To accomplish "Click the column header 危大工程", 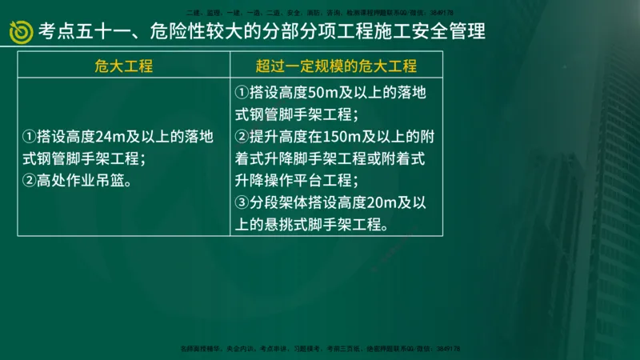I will tap(123, 66).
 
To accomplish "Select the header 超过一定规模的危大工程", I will tap(336, 66).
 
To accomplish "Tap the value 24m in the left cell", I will tap(110, 137).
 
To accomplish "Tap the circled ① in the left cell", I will tap(30, 137).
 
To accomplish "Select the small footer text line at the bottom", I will tap(320, 349).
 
